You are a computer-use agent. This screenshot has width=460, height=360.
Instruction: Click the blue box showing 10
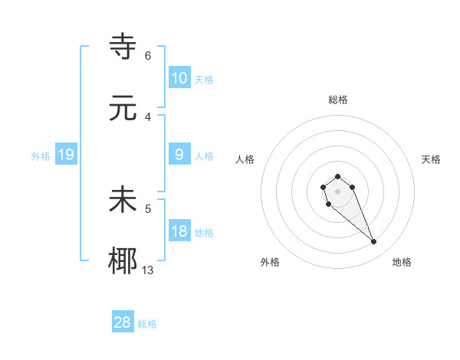179,78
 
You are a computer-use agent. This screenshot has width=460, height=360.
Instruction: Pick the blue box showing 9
179,155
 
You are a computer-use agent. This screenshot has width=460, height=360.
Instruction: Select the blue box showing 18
179,231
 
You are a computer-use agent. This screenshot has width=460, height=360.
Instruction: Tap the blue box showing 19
65,155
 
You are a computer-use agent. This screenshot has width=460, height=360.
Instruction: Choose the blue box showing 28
122,322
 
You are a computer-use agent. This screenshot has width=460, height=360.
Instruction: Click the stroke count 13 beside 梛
149,270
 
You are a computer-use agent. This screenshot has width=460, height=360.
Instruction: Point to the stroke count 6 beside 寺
148,55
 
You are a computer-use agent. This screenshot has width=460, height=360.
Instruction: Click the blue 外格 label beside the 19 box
41,156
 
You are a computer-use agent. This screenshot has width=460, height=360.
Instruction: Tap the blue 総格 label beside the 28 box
147,324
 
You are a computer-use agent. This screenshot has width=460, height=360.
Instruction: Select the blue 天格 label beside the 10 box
204,80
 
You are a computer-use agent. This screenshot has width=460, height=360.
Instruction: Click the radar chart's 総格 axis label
338,100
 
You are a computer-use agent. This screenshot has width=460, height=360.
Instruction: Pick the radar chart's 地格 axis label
402,262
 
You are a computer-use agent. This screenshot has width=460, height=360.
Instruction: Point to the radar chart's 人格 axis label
245,159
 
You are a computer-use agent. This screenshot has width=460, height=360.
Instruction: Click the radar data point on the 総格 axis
338,176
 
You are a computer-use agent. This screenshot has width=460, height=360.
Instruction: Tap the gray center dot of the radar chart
338,191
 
